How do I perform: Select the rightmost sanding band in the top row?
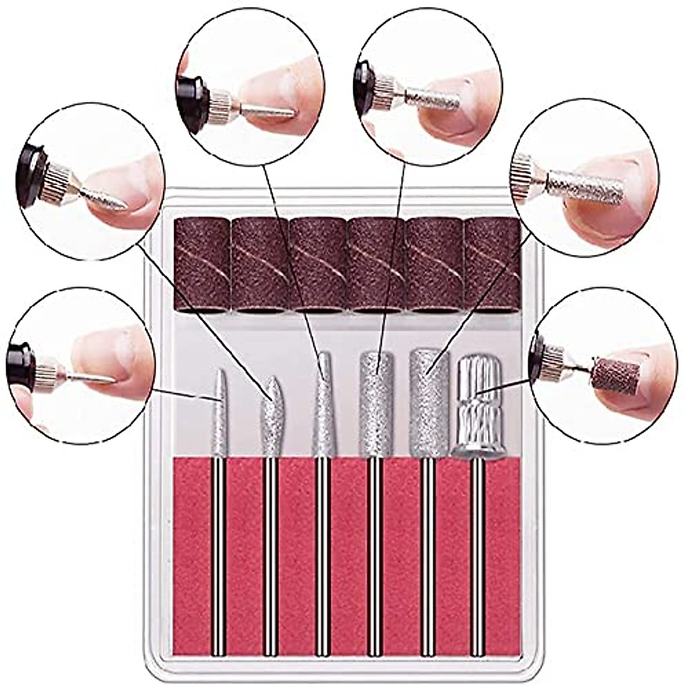pyautogui.click(x=492, y=264)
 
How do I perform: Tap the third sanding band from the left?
pyautogui.click(x=318, y=264)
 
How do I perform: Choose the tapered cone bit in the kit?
pyautogui.click(x=322, y=408)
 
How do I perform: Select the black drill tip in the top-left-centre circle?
pyautogui.click(x=193, y=98)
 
